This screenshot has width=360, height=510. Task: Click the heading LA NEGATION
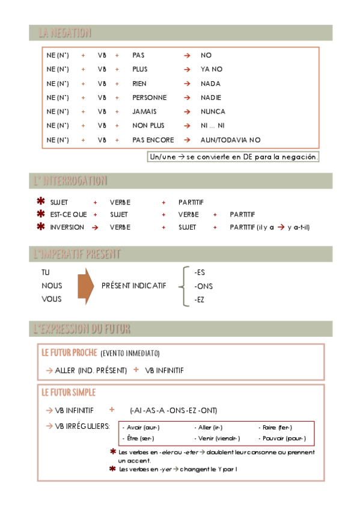pos(65,32)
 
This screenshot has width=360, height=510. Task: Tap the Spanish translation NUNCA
pos(213,111)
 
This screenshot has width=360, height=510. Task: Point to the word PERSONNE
pos(150,97)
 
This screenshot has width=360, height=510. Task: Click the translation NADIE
pos(211,97)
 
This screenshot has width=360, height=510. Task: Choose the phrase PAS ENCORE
pos(153,140)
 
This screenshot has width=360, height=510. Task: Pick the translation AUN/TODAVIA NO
pos(231,140)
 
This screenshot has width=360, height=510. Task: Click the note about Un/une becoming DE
pos(233,157)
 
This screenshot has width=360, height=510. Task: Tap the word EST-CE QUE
pos(68,214)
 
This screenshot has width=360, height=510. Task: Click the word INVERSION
pos(67,227)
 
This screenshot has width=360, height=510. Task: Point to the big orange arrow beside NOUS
pos(86,286)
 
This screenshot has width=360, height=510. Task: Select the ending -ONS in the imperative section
pos(204,286)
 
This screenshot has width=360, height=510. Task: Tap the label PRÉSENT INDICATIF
pos(134,286)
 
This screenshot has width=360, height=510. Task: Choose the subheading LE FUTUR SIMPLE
pos(68,393)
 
